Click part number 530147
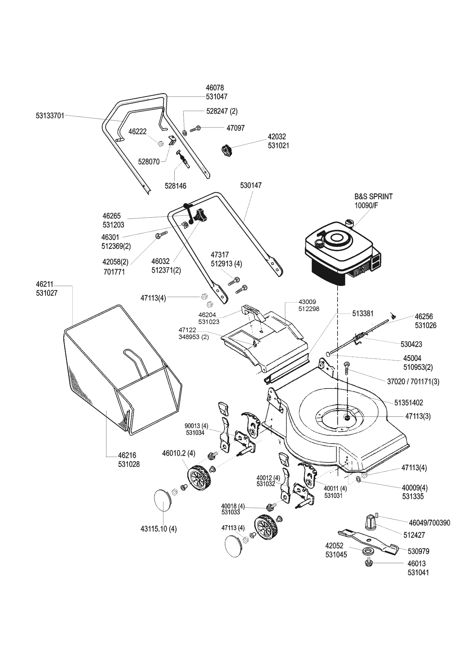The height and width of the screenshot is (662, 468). coord(251,186)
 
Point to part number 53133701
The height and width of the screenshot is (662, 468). coord(50,115)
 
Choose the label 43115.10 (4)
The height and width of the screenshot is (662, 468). coord(158,529)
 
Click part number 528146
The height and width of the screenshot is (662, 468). coord(175,186)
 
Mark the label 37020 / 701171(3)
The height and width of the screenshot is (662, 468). coord(413,381)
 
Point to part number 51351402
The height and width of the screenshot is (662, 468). coord(409,403)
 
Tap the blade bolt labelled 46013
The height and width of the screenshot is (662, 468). coord(368,563)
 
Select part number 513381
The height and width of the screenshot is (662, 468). coord(363,313)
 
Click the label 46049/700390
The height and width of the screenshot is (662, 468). coord(429,523)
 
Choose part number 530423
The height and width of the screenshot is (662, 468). coord(411,344)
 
